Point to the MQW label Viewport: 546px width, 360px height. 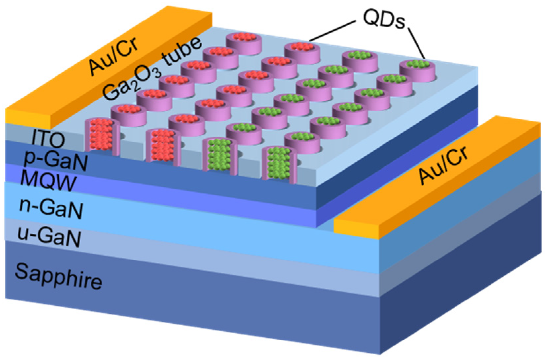click(48, 181)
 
